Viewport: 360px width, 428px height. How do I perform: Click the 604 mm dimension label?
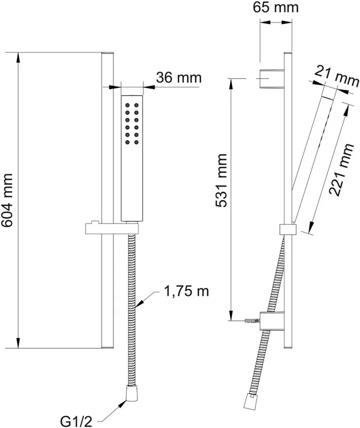pyautogui.click(x=6, y=200)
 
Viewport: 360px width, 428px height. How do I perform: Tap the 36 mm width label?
pyautogui.click(x=179, y=78)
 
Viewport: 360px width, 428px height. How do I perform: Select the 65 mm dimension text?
pyautogui.click(x=275, y=7)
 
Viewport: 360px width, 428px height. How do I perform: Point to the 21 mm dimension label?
pyautogui.click(x=336, y=77)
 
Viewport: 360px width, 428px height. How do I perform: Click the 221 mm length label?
pyautogui.click(x=341, y=169)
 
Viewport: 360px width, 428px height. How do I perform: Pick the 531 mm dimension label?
pyautogui.click(x=221, y=181)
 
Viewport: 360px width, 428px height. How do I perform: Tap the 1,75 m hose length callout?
pyautogui.click(x=186, y=292)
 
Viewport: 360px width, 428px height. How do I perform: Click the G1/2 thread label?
pyautogui.click(x=76, y=422)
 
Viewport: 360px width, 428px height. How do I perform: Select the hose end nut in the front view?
pyautogui.click(x=132, y=393)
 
